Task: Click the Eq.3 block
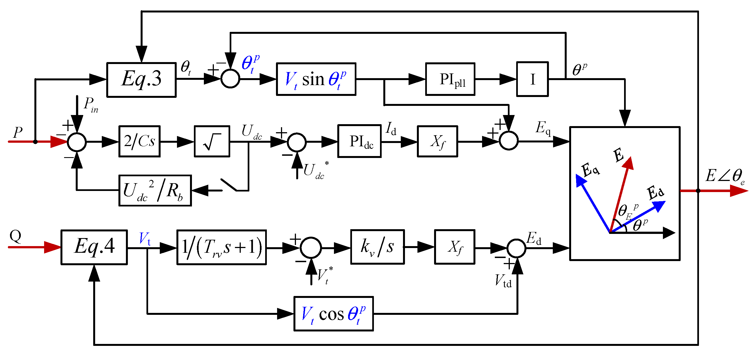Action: (x=141, y=80)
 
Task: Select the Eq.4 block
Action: (x=94, y=247)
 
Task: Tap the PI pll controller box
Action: (x=450, y=79)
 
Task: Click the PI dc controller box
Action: (x=359, y=142)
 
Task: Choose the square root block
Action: (x=212, y=142)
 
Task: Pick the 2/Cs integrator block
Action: (x=139, y=142)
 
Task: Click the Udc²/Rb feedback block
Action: (x=155, y=191)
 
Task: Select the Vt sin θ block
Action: (x=316, y=79)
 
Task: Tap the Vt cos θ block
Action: (x=333, y=314)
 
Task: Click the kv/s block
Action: (x=377, y=247)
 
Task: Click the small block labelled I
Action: (x=532, y=79)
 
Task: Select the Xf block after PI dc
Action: (x=437, y=142)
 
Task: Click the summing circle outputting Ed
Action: (x=516, y=248)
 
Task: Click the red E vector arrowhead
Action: (x=629, y=164)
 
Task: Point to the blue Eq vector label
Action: (x=590, y=170)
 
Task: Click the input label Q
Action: (x=15, y=236)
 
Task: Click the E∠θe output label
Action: (x=724, y=177)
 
